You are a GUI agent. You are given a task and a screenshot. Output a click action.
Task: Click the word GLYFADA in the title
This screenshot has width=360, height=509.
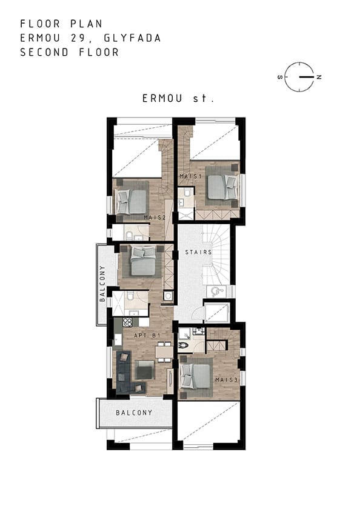click(x=133, y=38)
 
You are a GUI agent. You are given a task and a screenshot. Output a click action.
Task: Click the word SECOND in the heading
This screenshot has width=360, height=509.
click(x=44, y=52)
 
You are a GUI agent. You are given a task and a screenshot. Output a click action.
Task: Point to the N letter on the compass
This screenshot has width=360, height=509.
click(x=319, y=77)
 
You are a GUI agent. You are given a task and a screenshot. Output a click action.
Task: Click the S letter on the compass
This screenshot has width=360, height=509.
click(x=280, y=78)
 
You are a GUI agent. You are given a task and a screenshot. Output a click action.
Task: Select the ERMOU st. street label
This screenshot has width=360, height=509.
click(x=178, y=98)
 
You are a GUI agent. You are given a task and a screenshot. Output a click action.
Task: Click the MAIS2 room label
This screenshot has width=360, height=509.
click(x=155, y=218)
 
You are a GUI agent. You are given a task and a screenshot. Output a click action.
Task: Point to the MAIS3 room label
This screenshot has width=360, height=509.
click(x=227, y=379)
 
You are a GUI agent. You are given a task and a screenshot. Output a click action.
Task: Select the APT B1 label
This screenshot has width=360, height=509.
click(x=147, y=335)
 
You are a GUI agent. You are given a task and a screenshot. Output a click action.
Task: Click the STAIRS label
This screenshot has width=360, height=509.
click(x=198, y=252)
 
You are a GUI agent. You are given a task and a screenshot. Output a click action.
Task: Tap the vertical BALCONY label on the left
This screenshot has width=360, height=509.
click(x=102, y=284)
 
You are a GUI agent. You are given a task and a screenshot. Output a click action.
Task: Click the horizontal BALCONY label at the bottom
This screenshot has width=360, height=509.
click(x=134, y=413)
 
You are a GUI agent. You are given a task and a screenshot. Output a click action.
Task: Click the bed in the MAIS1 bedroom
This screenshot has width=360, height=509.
click(x=222, y=187)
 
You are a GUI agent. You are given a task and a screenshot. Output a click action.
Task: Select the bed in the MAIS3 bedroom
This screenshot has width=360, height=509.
click(x=195, y=376)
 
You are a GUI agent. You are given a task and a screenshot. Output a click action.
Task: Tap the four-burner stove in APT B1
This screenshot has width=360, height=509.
click(x=127, y=322)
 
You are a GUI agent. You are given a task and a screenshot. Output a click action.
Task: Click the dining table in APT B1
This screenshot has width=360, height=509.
click(x=164, y=352)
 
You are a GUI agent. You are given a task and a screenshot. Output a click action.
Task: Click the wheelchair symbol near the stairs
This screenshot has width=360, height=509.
click(x=216, y=291)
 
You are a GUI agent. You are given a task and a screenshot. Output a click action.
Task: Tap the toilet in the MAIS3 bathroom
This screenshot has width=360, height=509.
click(x=183, y=346)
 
